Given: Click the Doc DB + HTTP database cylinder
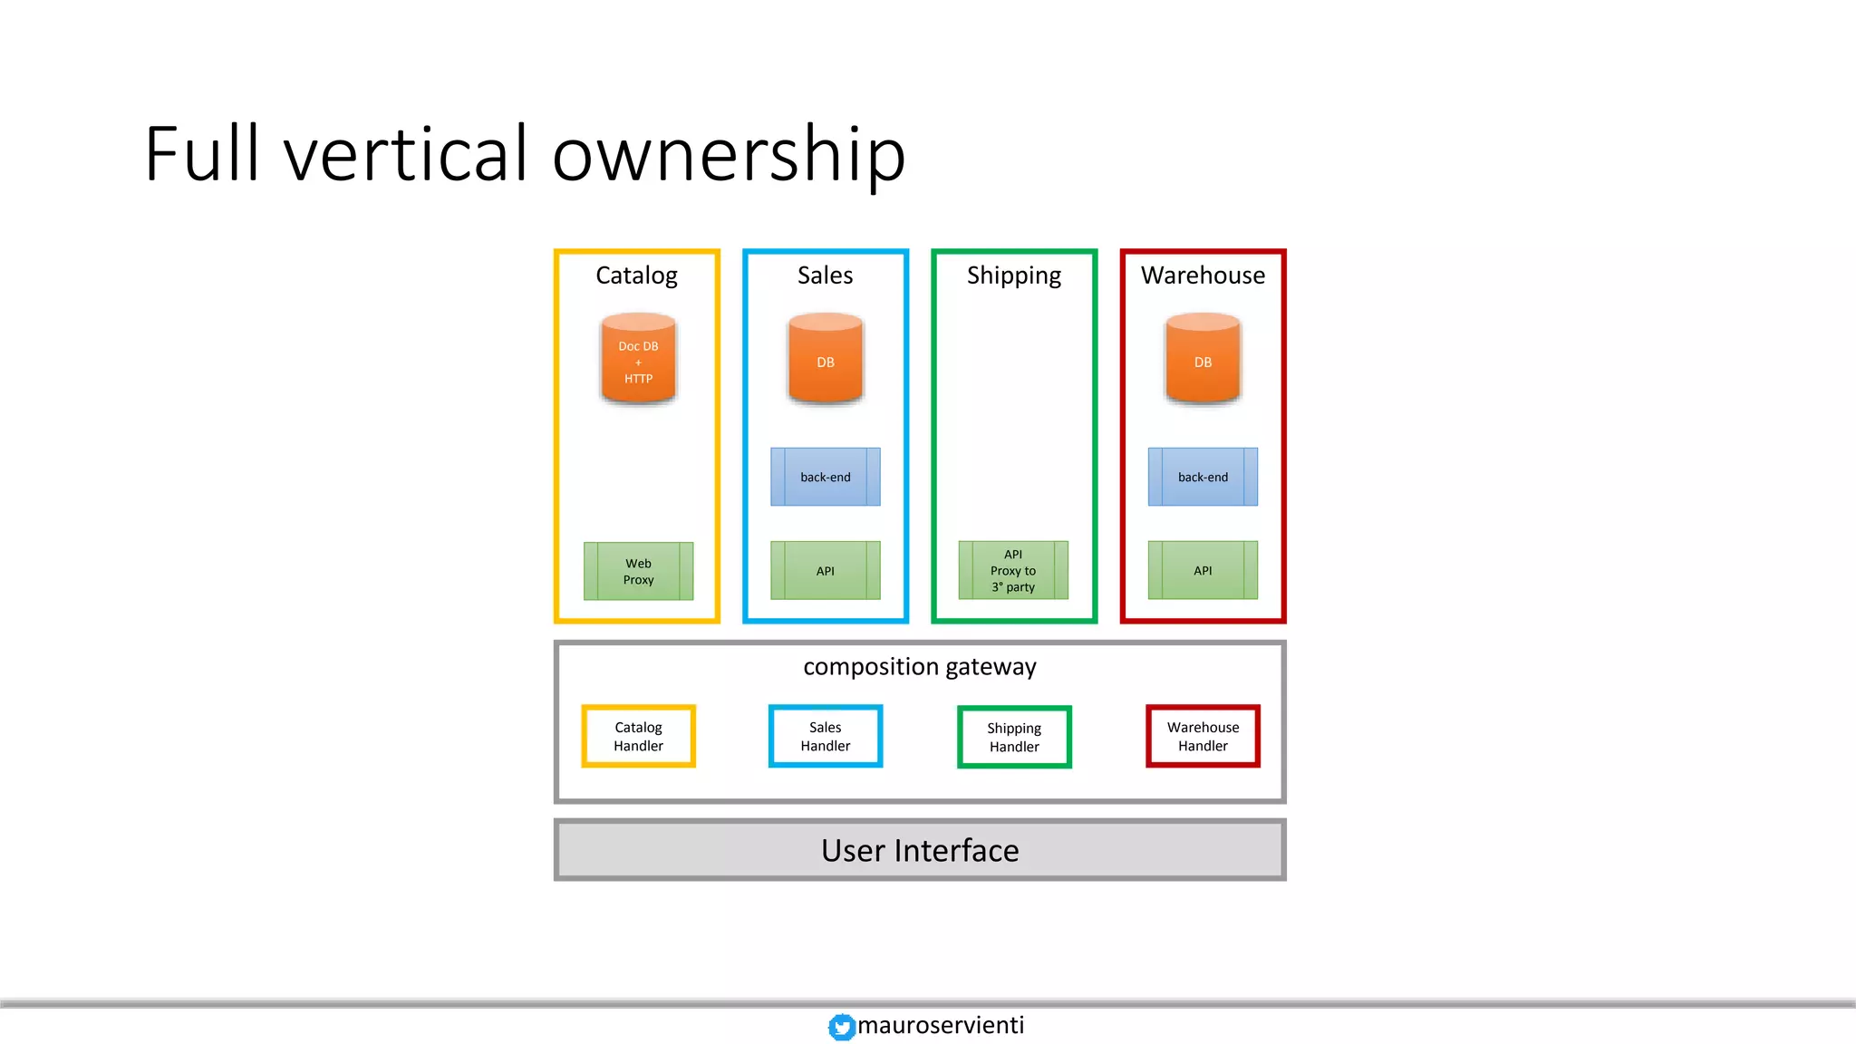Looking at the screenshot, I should point(638,360).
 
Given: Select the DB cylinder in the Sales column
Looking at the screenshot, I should point(825,360).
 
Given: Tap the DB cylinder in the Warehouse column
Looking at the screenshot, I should point(1203,360).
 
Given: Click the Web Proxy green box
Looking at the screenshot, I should point(638,571).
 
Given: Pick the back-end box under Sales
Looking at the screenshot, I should point(825,477).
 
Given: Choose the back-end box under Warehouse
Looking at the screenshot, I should point(1203,477).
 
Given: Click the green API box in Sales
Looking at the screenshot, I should point(825,571).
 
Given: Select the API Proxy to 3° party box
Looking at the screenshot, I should point(1013,571).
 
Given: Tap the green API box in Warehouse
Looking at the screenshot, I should point(1203,571).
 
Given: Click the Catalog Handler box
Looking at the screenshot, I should point(638,736).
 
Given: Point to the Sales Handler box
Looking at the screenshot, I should point(825,736).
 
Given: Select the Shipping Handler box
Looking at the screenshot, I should point(1014,737).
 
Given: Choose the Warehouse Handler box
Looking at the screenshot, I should point(1203,736).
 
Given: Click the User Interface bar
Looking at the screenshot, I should point(920,850).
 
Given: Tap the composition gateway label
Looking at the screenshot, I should point(920,667).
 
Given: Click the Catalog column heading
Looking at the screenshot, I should point(636,275).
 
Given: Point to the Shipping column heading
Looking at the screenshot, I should point(1013,275).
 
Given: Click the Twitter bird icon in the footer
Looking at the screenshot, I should point(841,1027).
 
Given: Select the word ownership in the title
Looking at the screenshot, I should point(729,154).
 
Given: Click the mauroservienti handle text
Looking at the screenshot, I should point(941,1025).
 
